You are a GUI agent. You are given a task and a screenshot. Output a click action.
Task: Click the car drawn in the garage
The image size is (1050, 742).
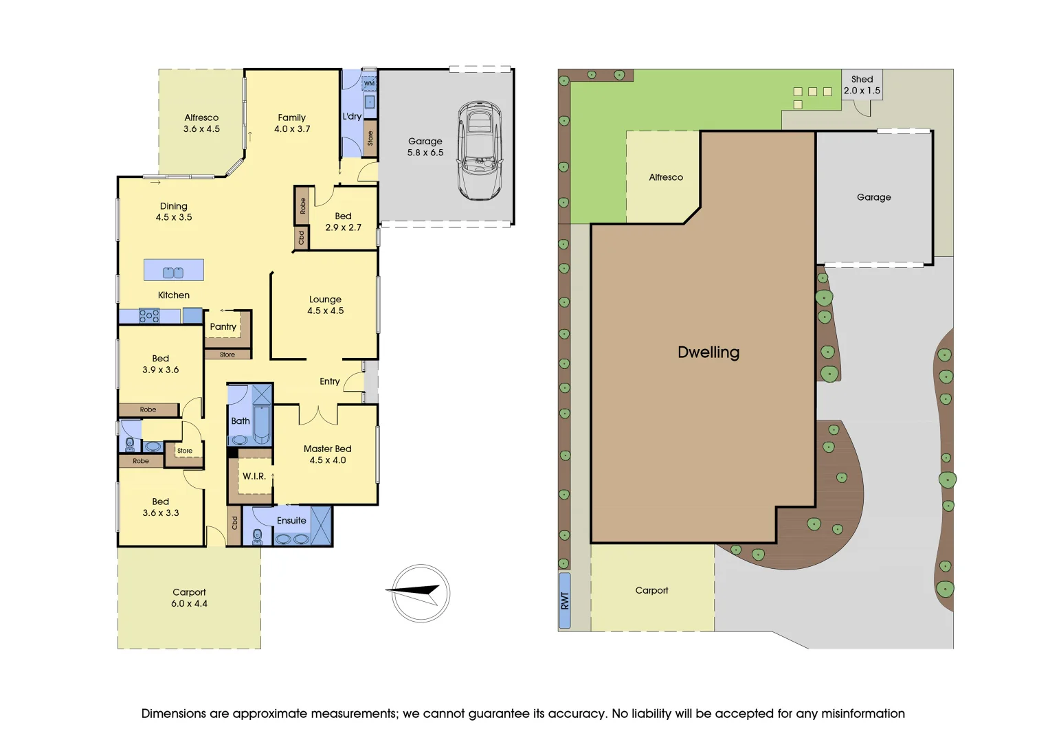coord(480,151)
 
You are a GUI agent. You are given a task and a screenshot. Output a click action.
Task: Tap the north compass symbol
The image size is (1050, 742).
coord(421,594)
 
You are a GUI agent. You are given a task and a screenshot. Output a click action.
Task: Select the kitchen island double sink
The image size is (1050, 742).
coord(173,272)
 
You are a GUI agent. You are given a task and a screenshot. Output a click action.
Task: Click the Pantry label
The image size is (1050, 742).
coord(223,327)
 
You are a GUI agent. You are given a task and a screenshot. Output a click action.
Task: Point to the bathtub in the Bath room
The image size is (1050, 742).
coord(262,425)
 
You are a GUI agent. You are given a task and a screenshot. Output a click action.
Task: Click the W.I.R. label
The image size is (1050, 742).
coord(254,476)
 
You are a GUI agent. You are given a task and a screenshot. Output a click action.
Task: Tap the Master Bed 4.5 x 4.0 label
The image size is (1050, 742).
coord(328,454)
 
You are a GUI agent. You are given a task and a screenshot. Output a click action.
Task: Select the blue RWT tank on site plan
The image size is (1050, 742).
coord(565,600)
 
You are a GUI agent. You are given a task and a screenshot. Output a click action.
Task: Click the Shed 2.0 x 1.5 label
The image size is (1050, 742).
coord(862,85)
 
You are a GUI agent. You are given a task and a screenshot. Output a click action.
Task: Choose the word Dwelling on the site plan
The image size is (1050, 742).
coord(708,352)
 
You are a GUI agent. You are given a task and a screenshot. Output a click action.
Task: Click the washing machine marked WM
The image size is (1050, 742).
coord(369,83)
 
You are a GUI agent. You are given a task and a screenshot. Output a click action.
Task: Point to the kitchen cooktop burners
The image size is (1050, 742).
coord(149,316)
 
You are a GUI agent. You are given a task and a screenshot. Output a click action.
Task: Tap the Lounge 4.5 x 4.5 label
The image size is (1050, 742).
coord(326,305)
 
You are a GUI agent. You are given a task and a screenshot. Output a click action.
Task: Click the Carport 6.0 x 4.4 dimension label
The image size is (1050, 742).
coord(189,598)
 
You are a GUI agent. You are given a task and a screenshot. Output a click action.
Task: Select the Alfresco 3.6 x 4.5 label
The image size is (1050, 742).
coord(201,123)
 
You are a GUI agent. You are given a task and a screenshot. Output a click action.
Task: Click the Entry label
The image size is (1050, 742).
coord(330,381)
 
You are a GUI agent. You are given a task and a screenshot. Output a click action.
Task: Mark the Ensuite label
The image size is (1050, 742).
coord(291,521)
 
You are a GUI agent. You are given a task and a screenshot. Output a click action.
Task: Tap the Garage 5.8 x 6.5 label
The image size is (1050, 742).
coord(425,146)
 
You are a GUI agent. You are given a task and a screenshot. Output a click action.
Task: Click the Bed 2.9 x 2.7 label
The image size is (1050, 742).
coord(343,221)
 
